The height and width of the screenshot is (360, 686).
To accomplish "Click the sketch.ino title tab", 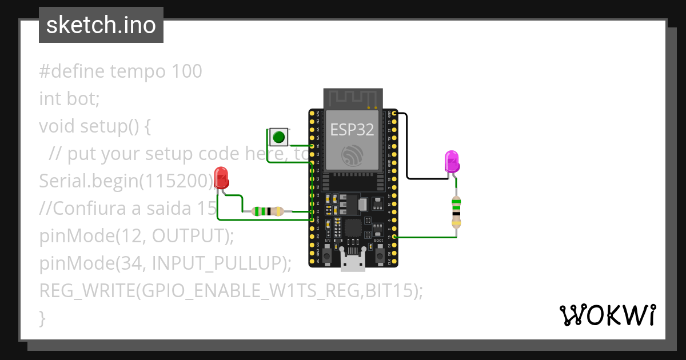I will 101,25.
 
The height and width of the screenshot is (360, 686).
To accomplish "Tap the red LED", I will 221,178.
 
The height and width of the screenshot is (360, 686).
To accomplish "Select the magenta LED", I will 452,161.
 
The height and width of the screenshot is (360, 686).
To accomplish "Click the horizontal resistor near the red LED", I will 268,211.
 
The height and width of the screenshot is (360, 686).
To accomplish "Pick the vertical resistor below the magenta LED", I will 456,211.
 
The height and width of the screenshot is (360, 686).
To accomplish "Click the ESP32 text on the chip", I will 352,130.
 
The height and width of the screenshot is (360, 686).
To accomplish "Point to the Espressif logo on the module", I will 352,155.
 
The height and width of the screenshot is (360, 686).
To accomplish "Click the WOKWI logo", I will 607,315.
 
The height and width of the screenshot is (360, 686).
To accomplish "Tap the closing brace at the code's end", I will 42,317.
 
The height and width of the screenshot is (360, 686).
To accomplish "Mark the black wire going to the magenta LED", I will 407,149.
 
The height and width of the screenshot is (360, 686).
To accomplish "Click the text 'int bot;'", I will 69,99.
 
